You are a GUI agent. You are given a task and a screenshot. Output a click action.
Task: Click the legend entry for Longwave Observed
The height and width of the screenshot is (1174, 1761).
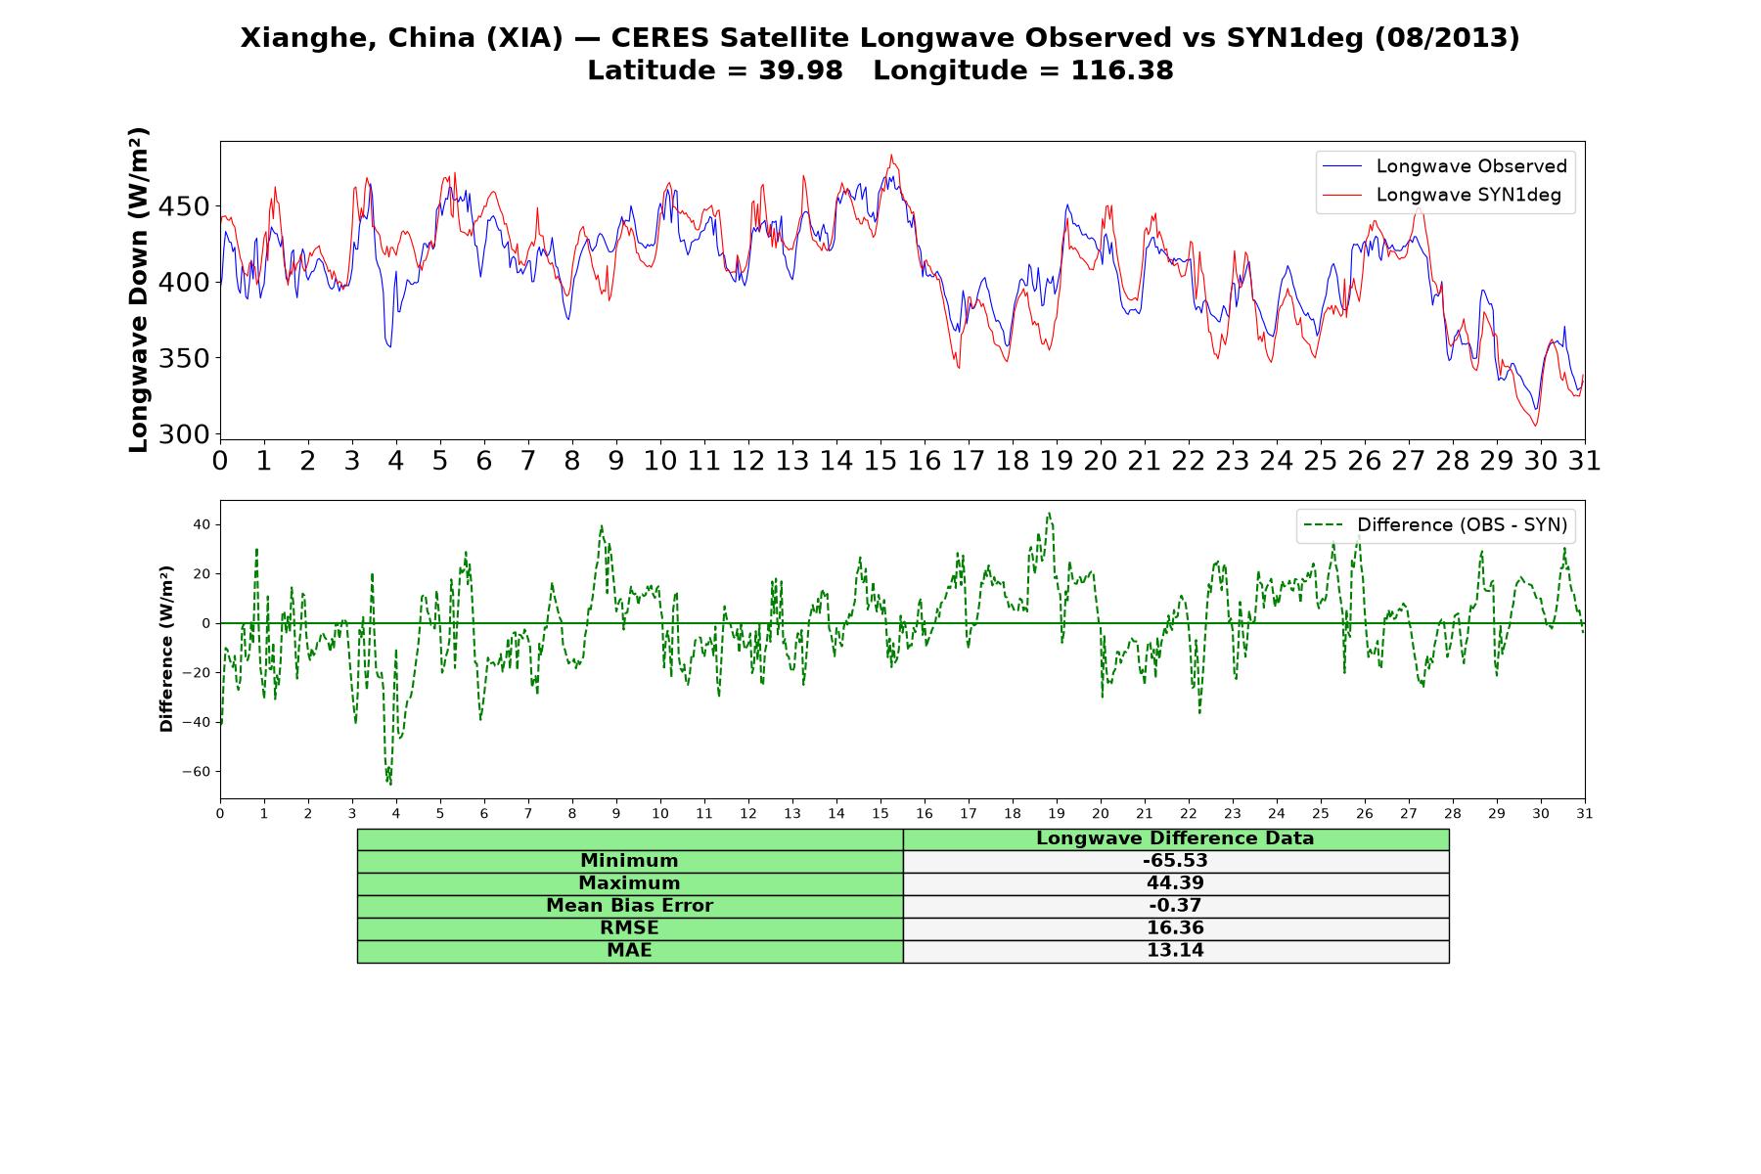click(x=1445, y=166)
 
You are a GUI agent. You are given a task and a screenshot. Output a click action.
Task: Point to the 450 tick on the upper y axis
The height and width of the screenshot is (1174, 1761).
click(x=186, y=206)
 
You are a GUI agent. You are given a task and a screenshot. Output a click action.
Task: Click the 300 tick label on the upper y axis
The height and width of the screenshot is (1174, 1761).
click(x=186, y=434)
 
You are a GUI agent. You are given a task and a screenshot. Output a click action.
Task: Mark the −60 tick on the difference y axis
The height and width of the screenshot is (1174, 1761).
click(x=196, y=772)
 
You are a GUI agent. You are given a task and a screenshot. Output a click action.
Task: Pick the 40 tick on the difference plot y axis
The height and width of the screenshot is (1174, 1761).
click(x=202, y=525)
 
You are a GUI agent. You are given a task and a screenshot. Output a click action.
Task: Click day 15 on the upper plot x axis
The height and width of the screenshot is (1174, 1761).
click(x=880, y=460)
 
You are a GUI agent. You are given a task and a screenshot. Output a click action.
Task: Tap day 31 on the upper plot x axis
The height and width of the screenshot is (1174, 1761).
click(x=1584, y=460)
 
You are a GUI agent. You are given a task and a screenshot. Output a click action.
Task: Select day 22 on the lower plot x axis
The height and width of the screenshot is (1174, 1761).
click(x=1189, y=813)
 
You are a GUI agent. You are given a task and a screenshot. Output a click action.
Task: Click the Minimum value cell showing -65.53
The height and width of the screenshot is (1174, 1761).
click(x=1175, y=861)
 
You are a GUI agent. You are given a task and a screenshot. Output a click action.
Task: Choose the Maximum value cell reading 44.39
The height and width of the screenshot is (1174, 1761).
click(x=1175, y=883)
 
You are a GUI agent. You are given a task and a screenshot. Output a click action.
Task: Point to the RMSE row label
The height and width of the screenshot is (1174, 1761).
click(x=629, y=928)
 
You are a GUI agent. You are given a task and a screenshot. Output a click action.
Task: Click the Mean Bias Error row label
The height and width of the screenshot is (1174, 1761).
click(x=629, y=906)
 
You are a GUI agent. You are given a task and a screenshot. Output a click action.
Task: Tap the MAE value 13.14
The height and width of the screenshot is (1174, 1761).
click(x=1175, y=951)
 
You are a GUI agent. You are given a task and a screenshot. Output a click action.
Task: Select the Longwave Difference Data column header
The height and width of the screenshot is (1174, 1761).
click(x=1175, y=838)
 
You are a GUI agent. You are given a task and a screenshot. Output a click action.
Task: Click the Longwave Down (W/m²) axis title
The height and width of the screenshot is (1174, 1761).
click(x=138, y=290)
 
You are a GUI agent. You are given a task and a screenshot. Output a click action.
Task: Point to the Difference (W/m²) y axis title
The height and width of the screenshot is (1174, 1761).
click(x=166, y=649)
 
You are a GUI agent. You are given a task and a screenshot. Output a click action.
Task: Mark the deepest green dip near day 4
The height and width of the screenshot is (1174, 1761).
click(x=390, y=784)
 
